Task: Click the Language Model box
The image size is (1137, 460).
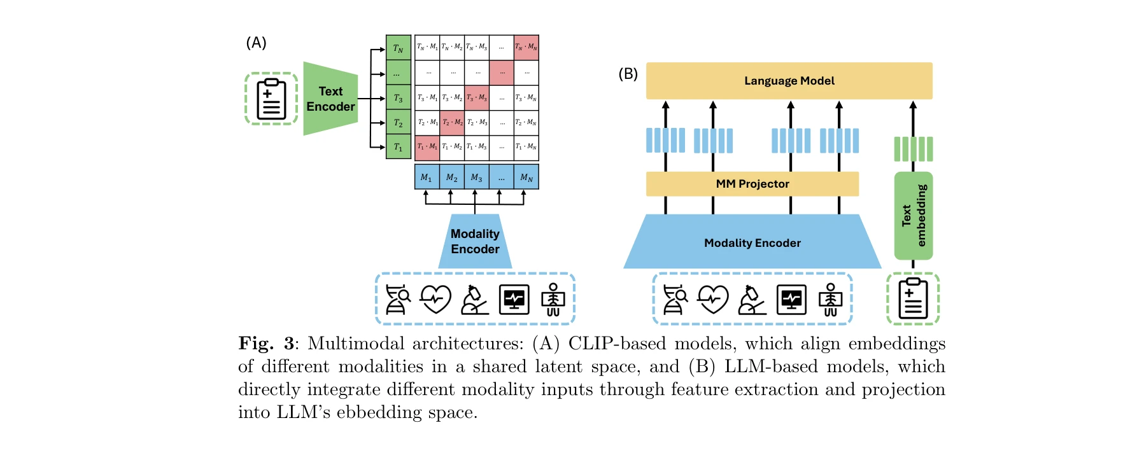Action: click(x=789, y=81)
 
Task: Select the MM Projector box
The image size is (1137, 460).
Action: click(x=752, y=184)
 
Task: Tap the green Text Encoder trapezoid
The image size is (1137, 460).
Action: click(x=330, y=99)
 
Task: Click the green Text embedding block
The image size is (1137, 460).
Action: click(x=913, y=216)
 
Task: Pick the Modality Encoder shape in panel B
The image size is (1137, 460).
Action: click(x=752, y=242)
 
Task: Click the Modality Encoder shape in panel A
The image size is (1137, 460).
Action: click(x=475, y=241)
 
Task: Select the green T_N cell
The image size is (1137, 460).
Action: click(x=398, y=48)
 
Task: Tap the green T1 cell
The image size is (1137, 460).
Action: click(x=398, y=147)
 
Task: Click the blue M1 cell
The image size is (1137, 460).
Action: click(x=426, y=178)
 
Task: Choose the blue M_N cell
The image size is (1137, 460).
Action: click(x=526, y=178)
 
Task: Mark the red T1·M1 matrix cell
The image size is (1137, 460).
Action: click(x=427, y=147)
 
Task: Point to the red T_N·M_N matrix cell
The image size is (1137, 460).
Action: click(x=526, y=47)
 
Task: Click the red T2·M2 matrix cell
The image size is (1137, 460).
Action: click(x=452, y=122)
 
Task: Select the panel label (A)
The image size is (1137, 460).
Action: click(x=256, y=43)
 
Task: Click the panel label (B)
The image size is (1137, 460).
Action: click(x=628, y=74)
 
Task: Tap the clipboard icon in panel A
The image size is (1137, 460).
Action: click(x=271, y=99)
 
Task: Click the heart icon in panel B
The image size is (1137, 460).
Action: click(x=712, y=299)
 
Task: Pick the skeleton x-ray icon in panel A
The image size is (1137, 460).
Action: click(x=553, y=299)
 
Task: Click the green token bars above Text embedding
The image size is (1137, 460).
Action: click(x=913, y=149)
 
